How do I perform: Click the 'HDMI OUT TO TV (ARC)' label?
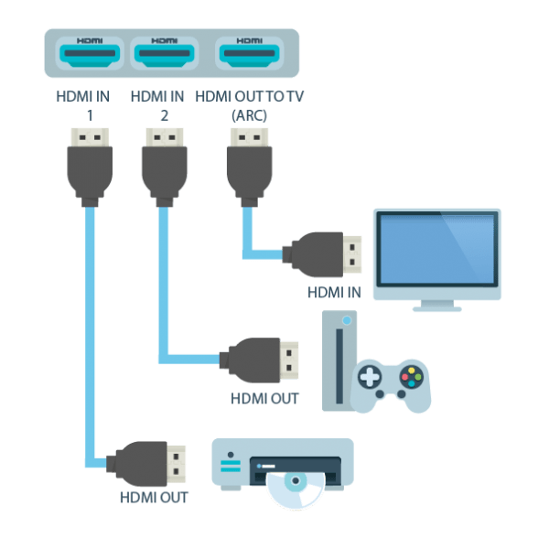click(249, 103)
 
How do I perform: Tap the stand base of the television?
click(436, 308)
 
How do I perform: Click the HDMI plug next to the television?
click(325, 253)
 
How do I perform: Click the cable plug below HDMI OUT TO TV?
click(249, 165)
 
